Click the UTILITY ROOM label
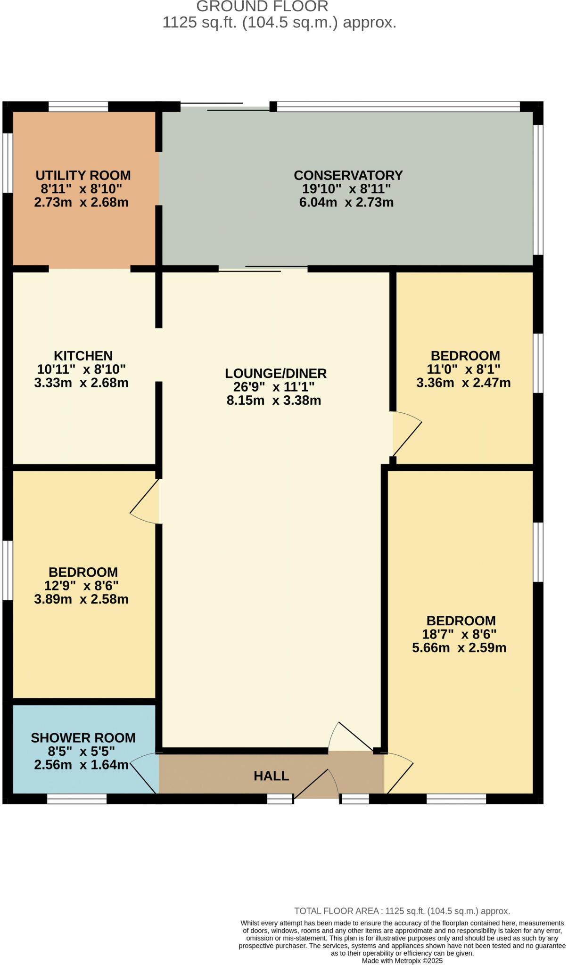click(83, 175)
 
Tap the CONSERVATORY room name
click(348, 175)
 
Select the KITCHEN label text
click(83, 356)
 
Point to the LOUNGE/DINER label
click(275, 373)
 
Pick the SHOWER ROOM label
click(83, 738)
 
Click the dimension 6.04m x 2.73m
click(346, 203)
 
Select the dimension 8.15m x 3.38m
click(274, 401)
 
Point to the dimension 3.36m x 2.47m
click(463, 383)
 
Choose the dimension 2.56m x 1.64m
click(81, 765)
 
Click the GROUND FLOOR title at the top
click(262, 7)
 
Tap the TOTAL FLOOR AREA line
click(402, 911)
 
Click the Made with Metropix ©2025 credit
click(402, 961)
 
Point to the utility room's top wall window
click(78, 106)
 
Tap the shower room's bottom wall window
click(77, 799)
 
